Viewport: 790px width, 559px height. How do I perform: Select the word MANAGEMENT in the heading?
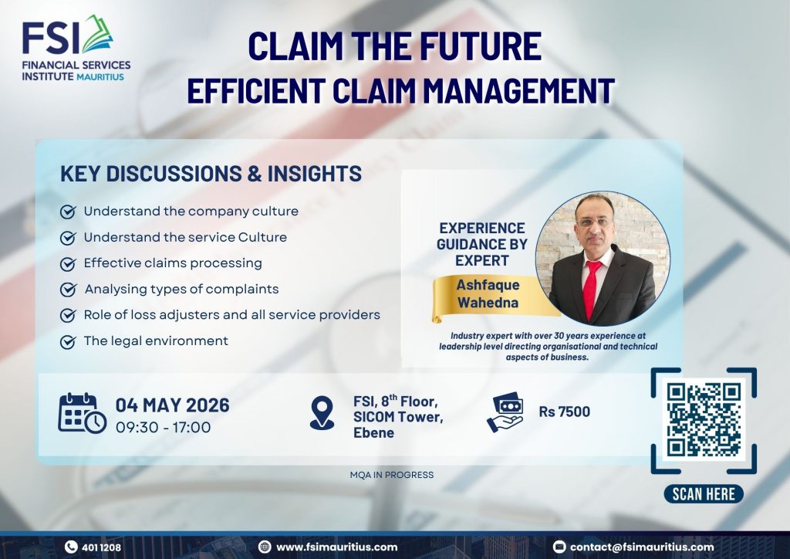518,91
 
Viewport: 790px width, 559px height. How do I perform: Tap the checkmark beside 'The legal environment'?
68,342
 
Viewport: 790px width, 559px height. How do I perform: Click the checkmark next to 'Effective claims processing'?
68,263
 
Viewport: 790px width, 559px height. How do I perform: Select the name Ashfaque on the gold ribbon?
488,285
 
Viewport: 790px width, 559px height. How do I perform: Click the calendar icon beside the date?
82,413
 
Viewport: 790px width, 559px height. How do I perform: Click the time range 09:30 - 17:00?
164,428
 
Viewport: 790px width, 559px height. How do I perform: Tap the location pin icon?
322,413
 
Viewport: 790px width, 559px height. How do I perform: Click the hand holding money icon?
505,412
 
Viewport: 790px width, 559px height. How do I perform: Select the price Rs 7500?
564,412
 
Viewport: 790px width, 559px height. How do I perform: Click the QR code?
704,420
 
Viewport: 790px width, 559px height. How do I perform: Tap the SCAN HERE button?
704,494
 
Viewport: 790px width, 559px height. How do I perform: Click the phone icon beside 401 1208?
71,547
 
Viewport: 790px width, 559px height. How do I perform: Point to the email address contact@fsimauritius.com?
642,547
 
